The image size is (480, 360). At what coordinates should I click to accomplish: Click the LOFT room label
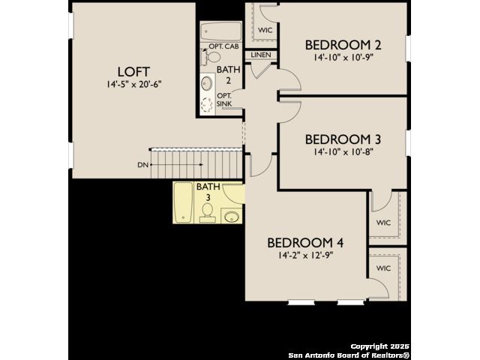coord(133,72)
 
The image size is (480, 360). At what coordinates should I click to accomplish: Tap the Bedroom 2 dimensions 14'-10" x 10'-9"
coord(343,58)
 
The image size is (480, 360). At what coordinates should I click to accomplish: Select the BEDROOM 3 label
coord(343,139)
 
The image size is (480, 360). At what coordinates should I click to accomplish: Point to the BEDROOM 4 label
coord(305,243)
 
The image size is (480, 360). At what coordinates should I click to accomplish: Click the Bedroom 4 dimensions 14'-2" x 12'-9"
coord(306,255)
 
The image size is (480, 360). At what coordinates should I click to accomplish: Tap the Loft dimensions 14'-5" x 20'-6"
coord(134,84)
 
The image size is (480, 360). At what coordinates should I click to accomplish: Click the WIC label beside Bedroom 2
coord(265,30)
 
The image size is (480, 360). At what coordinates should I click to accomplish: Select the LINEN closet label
coord(261,55)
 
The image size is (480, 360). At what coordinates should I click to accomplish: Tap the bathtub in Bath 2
coord(220,31)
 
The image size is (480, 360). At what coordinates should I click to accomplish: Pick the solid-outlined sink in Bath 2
coord(207,83)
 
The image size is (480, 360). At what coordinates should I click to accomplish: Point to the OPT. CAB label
coord(223,46)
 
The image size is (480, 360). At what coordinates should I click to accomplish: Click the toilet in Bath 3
coord(208,212)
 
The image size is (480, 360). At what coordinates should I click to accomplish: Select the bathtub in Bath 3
coord(183,202)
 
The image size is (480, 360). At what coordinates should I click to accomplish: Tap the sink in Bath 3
coord(232,217)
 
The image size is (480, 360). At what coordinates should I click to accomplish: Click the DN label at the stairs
coord(142,165)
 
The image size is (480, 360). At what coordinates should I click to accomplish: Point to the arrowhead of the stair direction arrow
coord(202,165)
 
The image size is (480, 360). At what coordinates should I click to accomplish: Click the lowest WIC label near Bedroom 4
coord(383,268)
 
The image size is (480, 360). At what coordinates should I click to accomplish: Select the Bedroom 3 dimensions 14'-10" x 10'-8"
coord(343,151)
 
